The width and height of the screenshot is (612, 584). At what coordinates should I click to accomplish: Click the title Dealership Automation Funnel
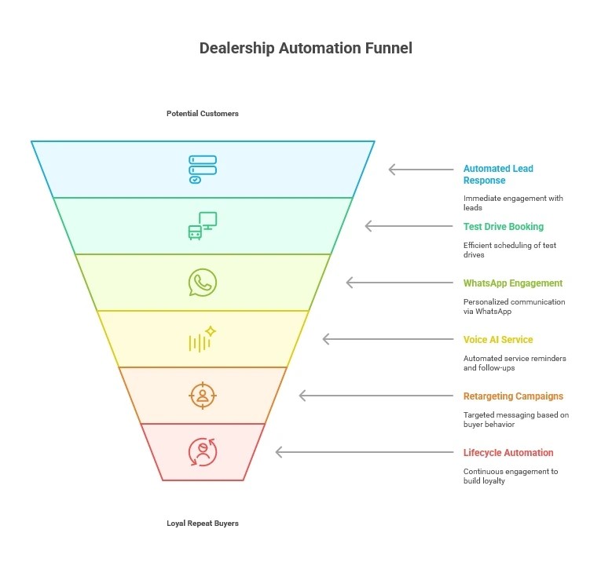[306, 48]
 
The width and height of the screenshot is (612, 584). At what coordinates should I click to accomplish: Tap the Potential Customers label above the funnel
[203, 114]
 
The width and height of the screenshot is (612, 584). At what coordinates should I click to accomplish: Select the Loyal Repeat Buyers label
[203, 524]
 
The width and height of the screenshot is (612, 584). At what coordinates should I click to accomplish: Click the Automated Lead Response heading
[498, 174]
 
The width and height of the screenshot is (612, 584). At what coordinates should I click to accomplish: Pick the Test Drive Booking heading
[503, 227]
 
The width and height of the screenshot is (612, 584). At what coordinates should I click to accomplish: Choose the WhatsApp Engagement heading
[512, 283]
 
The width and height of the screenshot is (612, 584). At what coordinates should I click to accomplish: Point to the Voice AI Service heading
[498, 340]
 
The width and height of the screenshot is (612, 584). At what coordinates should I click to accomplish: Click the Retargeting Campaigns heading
[513, 396]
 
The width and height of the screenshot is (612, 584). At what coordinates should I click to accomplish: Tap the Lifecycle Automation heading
[508, 453]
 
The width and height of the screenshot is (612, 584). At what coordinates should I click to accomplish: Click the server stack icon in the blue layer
[203, 170]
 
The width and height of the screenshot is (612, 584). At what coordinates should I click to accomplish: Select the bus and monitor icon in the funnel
[203, 226]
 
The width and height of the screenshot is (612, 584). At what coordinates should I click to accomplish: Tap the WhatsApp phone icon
[203, 283]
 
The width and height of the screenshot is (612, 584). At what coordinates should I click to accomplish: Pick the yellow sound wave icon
[202, 340]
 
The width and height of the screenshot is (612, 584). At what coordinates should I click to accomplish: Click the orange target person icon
[203, 396]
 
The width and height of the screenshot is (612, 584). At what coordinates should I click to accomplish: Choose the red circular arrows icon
[203, 452]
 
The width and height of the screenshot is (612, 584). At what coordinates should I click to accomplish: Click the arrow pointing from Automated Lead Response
[421, 170]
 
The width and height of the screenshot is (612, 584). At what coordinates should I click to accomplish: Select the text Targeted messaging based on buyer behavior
[515, 420]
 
